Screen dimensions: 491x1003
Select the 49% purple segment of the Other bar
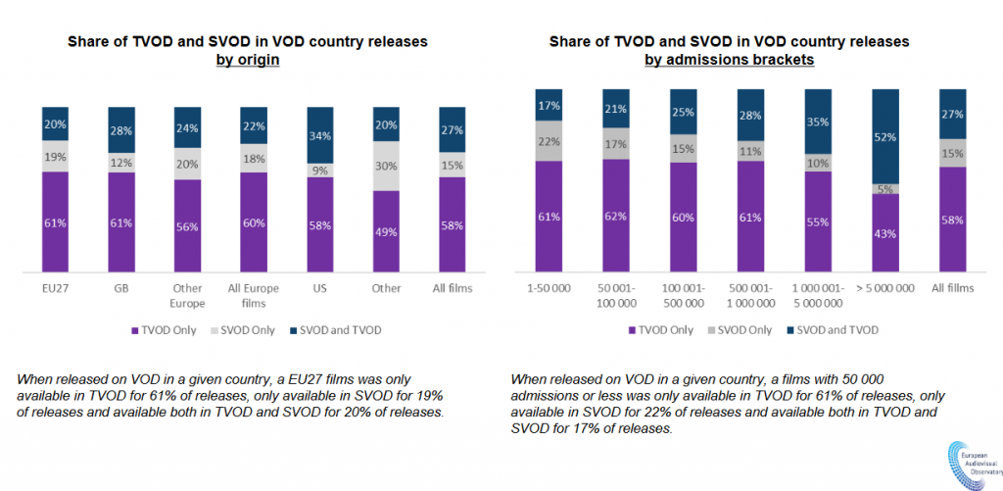(387, 230)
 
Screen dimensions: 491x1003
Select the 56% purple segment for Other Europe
(188, 225)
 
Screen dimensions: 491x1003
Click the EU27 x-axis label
(55, 290)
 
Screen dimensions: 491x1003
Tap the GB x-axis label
(121, 290)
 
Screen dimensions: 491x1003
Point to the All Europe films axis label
(255, 296)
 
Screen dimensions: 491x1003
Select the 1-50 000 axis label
(549, 290)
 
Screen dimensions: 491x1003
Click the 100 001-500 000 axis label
(684, 296)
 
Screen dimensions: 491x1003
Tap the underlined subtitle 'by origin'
(248, 60)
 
